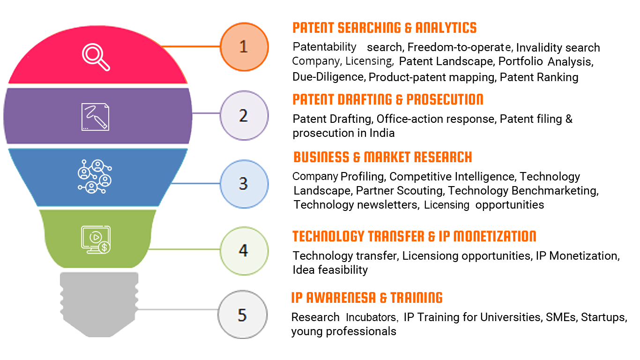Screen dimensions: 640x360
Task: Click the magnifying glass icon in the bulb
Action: pos(96,57)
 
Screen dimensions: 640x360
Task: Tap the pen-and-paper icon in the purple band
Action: pos(95,117)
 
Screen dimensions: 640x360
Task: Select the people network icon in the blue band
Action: pos(95,176)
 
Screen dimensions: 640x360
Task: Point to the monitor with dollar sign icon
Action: pos(96,240)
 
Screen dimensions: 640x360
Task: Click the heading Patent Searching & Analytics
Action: pos(385,28)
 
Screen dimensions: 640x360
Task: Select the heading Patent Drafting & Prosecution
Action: pos(388,99)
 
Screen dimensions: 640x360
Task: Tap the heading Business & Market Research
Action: pos(383,157)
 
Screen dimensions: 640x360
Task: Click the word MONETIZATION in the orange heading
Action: pos(495,236)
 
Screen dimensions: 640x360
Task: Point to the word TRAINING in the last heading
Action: pos(417,298)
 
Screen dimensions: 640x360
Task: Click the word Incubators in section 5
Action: pos(372,317)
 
